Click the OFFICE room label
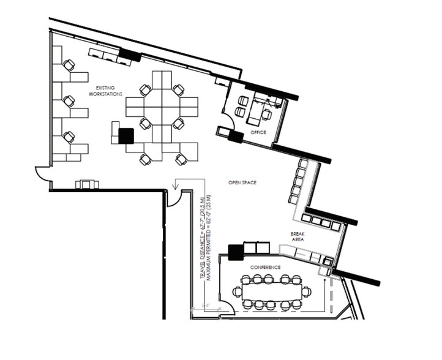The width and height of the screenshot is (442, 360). pos(258,132)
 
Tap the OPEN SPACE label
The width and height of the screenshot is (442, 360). pos(242,182)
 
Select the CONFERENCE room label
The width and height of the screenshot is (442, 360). pos(266,268)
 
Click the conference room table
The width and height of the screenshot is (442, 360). pos(272,291)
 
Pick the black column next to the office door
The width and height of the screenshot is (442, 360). pos(235,136)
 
